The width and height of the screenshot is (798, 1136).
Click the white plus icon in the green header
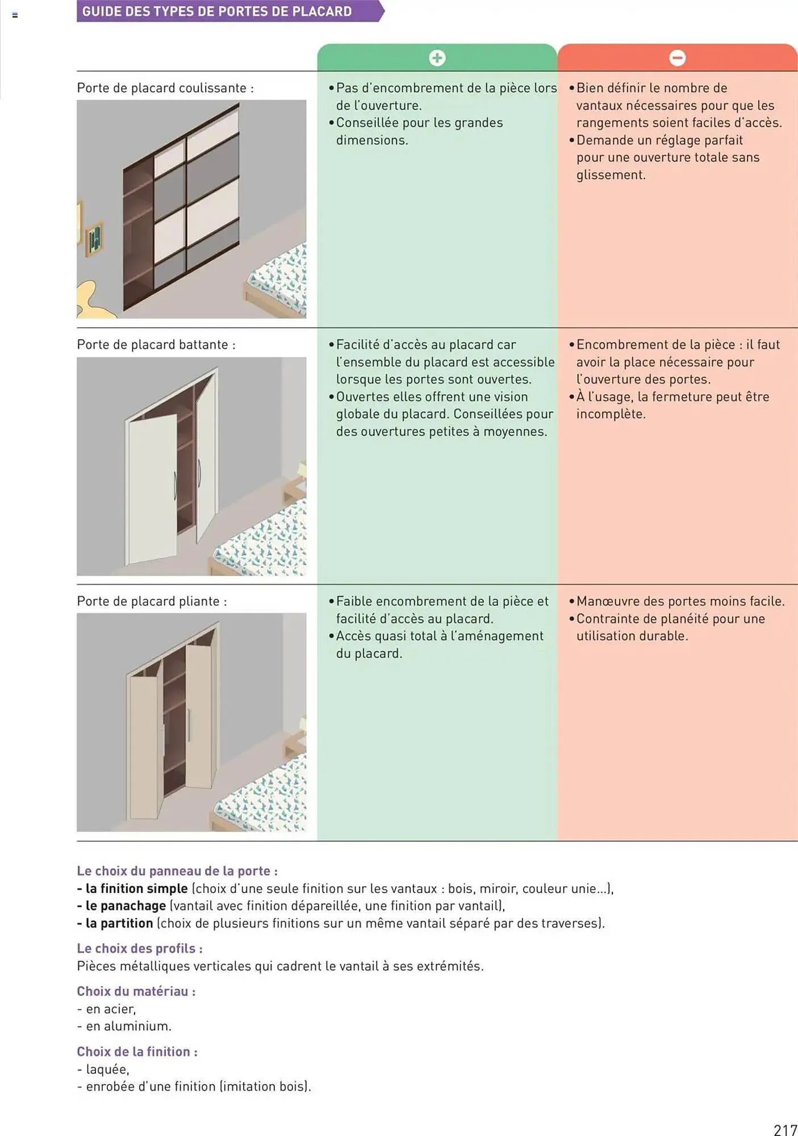(x=437, y=58)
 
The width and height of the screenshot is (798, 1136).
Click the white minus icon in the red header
(x=677, y=58)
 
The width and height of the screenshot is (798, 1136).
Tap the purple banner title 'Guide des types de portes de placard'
(x=217, y=11)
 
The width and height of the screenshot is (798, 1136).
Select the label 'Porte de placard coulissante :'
(x=165, y=88)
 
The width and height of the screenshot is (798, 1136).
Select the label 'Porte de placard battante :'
(x=156, y=345)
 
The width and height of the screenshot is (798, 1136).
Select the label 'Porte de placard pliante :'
(x=152, y=602)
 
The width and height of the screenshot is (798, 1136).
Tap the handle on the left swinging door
(x=176, y=486)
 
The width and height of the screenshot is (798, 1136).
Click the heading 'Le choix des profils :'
(x=140, y=949)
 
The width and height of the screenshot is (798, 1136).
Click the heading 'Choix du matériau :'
(x=136, y=991)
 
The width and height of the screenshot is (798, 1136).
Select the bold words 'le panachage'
(x=126, y=906)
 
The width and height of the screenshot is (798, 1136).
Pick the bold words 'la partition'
(x=119, y=923)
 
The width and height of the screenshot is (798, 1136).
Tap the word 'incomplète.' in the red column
(x=611, y=414)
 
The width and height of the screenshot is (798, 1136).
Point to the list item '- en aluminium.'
(x=124, y=1026)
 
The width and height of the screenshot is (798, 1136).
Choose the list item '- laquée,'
(x=103, y=1069)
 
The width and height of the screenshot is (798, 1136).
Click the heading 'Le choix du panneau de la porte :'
(x=177, y=871)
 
